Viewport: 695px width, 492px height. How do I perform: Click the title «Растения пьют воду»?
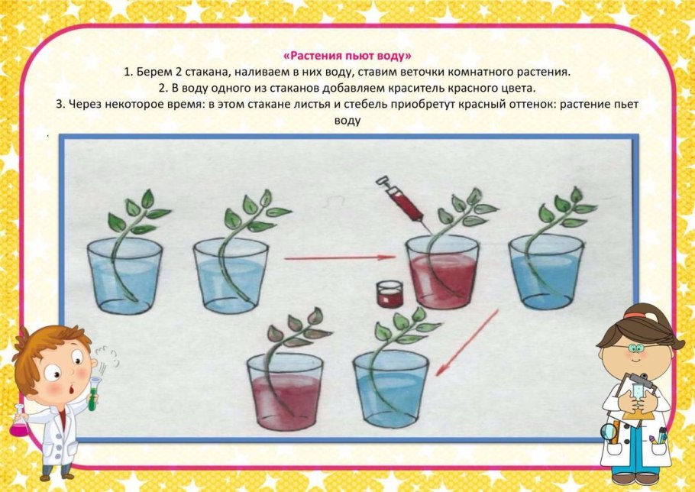click(x=347, y=56)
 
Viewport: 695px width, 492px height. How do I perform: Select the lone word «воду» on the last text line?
click(x=347, y=120)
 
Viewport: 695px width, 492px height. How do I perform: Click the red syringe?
click(x=401, y=200)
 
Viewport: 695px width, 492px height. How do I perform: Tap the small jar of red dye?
click(x=390, y=294)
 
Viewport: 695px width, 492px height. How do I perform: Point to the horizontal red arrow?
click(x=340, y=257)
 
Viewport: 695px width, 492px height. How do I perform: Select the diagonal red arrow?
click(x=467, y=342)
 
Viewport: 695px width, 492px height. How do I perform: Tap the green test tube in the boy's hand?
click(x=93, y=393)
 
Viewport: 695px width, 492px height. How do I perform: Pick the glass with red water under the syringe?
click(x=443, y=272)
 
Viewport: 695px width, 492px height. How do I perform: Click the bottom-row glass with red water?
click(x=285, y=391)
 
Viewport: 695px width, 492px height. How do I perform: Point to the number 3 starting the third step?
click(x=59, y=104)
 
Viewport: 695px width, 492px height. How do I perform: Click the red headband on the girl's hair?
click(x=635, y=316)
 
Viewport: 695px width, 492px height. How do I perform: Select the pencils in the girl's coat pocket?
click(x=658, y=436)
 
